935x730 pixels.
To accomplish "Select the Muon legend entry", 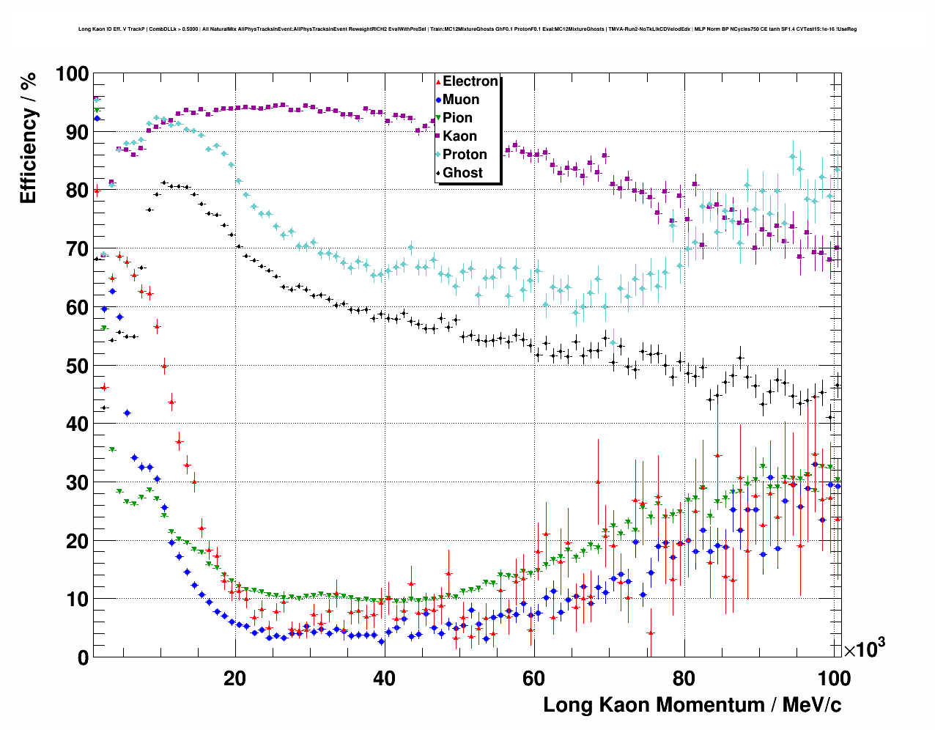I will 460,100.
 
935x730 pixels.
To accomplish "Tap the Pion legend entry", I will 457,118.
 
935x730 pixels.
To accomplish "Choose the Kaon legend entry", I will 459,136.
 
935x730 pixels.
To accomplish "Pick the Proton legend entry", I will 465,155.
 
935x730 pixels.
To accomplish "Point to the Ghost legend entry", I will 462,173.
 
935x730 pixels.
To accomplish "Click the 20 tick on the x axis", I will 234,678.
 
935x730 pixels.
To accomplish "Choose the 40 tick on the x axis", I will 384,678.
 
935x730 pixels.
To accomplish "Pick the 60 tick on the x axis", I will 533,678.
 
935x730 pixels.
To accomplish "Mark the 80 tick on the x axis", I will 684,678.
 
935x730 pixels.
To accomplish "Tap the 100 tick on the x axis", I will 833,678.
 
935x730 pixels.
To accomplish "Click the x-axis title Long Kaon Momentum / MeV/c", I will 692,705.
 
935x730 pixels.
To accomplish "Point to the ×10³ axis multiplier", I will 864,649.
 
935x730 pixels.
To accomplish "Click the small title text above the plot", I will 467,29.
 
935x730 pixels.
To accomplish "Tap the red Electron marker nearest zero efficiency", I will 650,633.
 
